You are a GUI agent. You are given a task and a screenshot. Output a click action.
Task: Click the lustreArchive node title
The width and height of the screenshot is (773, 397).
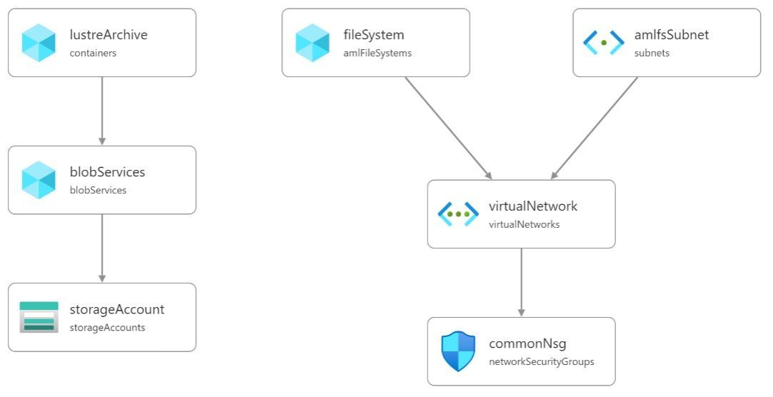(x=108, y=34)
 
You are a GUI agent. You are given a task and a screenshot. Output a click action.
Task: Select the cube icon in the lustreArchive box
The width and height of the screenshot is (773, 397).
(x=39, y=43)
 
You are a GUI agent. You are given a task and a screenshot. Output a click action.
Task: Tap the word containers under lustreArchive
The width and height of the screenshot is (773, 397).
(x=93, y=53)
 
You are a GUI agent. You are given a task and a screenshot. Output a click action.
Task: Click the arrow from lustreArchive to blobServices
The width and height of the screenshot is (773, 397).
(x=102, y=111)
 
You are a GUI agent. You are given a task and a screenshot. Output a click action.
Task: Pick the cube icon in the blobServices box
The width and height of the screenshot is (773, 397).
(x=39, y=180)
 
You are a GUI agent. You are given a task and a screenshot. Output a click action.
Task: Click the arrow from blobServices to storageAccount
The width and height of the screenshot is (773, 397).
(x=102, y=248)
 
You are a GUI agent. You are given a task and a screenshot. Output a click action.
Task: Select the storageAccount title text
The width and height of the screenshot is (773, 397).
(x=117, y=309)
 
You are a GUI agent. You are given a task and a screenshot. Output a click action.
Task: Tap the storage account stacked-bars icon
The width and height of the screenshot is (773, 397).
(x=39, y=317)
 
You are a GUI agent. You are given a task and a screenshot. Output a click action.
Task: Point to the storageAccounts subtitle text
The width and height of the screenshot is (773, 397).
(x=107, y=328)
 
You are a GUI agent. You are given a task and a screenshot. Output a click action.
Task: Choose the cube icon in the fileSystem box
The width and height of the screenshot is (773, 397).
(x=313, y=43)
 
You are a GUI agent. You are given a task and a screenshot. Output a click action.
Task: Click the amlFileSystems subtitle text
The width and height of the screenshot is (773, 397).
(x=377, y=53)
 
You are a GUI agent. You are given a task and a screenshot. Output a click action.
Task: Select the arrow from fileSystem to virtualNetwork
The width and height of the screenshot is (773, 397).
(x=448, y=128)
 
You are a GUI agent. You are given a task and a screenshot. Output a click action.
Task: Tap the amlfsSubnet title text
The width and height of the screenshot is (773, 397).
(x=672, y=34)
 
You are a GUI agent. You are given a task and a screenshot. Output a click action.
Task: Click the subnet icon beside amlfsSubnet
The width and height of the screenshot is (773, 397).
(x=604, y=43)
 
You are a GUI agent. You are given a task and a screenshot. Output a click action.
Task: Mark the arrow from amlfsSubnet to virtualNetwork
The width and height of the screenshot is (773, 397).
(x=595, y=128)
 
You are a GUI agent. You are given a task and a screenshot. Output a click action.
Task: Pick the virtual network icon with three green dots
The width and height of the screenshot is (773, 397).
(x=458, y=213)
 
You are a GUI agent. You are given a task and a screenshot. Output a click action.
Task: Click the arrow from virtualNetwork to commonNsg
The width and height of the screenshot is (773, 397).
(x=521, y=282)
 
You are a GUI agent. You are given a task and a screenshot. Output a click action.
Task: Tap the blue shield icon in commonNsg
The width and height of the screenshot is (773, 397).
(x=458, y=351)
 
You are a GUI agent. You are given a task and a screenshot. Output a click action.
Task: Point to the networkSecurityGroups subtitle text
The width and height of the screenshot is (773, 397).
(x=541, y=362)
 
